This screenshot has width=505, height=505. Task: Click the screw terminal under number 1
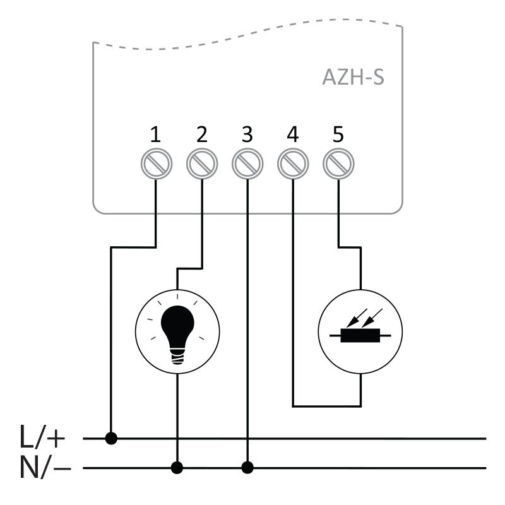[156, 164]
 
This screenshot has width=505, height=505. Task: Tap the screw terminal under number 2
[201, 164]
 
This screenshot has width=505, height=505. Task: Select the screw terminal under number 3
[247, 164]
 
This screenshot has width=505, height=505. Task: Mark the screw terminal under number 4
[292, 164]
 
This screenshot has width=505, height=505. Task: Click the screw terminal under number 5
[338, 164]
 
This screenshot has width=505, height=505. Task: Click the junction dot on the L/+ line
[112, 437]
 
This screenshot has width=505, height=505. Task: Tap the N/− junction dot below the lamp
[178, 468]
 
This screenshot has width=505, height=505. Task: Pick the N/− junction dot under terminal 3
[247, 468]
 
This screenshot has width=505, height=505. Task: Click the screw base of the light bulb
[178, 357]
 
